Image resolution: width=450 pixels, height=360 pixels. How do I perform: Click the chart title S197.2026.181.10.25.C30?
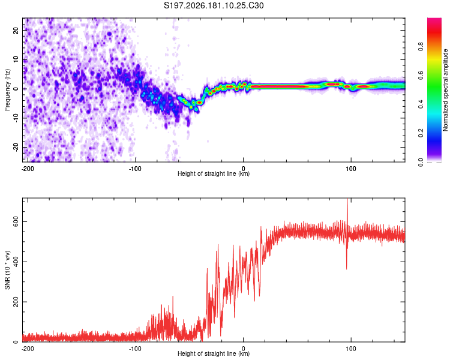214,5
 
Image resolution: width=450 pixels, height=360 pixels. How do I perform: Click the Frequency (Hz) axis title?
7,90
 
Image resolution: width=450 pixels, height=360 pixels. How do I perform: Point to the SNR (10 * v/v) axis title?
7,270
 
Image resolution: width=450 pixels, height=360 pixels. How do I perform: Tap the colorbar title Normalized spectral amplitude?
445,90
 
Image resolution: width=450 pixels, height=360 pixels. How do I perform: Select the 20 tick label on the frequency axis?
16,31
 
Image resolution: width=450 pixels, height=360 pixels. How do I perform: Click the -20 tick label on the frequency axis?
16,148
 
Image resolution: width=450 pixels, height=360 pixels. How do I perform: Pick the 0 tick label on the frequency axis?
16,89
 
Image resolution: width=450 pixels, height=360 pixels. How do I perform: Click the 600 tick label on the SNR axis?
16,222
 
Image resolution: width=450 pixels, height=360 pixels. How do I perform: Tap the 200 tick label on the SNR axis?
16,302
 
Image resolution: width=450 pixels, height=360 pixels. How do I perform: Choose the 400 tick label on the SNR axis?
16,262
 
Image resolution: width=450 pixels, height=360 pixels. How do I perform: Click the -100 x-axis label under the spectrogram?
135,169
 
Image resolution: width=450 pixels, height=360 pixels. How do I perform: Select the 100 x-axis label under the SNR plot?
351,349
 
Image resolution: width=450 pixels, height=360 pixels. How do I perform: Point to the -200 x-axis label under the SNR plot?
28,349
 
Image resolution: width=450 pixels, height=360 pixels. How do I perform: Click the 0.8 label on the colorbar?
421,46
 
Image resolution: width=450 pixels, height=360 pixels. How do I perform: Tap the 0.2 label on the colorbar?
421,133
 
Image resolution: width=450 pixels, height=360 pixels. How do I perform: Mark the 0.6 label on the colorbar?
421,75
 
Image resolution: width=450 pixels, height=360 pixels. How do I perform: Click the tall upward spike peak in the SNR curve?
347,199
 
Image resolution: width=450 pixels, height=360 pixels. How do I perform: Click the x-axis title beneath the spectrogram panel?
214,173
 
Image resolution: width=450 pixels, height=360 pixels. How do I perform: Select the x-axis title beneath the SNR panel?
214,353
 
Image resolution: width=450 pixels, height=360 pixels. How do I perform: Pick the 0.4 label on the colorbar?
421,104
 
